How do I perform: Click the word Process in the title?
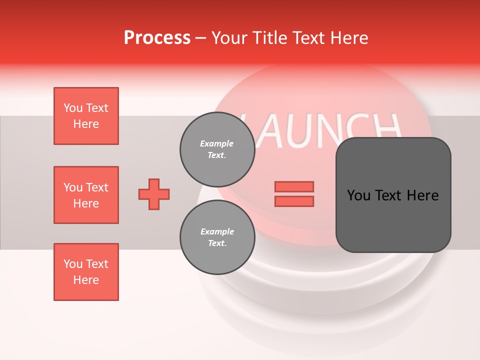coord(157,38)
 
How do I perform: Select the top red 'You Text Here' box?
coord(86,116)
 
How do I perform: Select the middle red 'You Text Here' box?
coord(86,195)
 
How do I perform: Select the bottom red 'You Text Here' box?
coord(86,272)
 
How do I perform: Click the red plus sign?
coord(154,194)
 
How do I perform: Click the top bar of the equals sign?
coord(294,187)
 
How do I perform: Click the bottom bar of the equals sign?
coord(294,201)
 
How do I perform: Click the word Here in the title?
coord(349,38)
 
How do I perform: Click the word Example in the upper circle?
coord(217,143)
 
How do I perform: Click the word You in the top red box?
coord(72,108)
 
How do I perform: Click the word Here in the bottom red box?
coord(86,280)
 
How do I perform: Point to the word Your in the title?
coord(228,38)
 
